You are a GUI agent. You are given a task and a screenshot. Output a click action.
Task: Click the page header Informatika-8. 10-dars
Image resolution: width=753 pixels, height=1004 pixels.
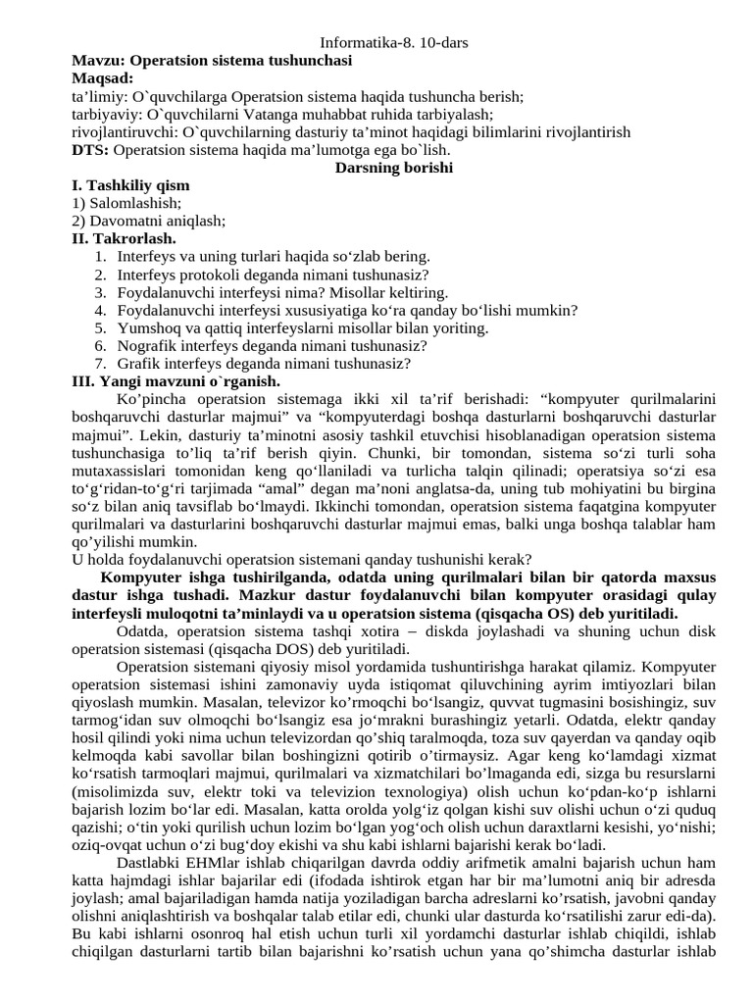(x=376, y=43)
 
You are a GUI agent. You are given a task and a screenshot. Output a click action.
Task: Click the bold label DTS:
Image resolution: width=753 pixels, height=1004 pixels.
(x=91, y=149)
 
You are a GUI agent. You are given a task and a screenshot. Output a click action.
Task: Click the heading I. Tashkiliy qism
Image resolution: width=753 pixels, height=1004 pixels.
(x=131, y=185)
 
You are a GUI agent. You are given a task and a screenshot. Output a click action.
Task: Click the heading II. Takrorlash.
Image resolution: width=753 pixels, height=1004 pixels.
(x=124, y=238)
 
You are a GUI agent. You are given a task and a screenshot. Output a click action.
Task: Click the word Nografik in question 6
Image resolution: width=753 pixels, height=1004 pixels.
(x=146, y=345)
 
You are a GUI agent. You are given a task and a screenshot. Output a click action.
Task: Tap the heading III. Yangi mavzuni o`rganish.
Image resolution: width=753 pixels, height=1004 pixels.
(x=176, y=380)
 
